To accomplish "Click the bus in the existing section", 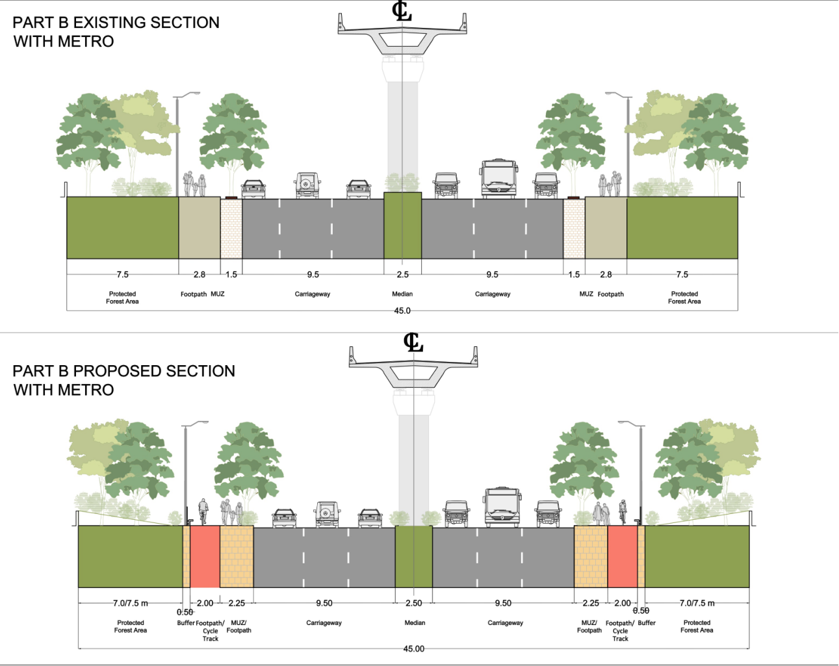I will (498, 179).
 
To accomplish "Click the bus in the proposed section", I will (502, 507).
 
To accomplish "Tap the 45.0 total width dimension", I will (402, 311).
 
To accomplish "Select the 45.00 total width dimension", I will (413, 648).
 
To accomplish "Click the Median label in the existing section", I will (402, 294).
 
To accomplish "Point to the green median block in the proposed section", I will (413, 556).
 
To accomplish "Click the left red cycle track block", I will (205, 556).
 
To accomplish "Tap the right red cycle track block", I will (622, 556).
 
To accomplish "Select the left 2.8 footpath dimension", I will (200, 274).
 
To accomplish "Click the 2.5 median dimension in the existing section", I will (403, 274).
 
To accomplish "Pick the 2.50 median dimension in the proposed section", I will (414, 603).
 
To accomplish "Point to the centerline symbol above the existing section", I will (402, 11).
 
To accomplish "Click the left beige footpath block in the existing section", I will (200, 227).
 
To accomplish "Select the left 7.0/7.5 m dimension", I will (130, 603).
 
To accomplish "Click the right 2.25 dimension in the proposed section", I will (590, 603).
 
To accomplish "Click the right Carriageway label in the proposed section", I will (505, 622).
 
